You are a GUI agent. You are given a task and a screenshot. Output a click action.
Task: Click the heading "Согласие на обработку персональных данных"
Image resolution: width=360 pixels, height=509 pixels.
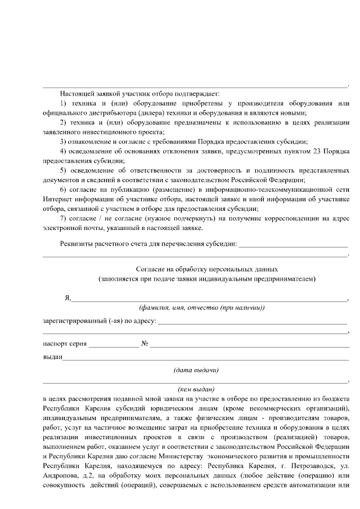click(x=207, y=269)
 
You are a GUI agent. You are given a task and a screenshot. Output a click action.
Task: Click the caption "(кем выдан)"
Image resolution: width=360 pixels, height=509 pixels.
click(x=196, y=389)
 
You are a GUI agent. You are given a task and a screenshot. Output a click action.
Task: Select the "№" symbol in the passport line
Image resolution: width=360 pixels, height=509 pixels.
click(x=145, y=343)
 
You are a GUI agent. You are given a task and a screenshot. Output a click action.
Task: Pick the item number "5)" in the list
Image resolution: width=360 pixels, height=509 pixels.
click(x=63, y=170)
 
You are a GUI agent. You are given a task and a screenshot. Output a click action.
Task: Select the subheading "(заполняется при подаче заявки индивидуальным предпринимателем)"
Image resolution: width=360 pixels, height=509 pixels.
click(x=207, y=279)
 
